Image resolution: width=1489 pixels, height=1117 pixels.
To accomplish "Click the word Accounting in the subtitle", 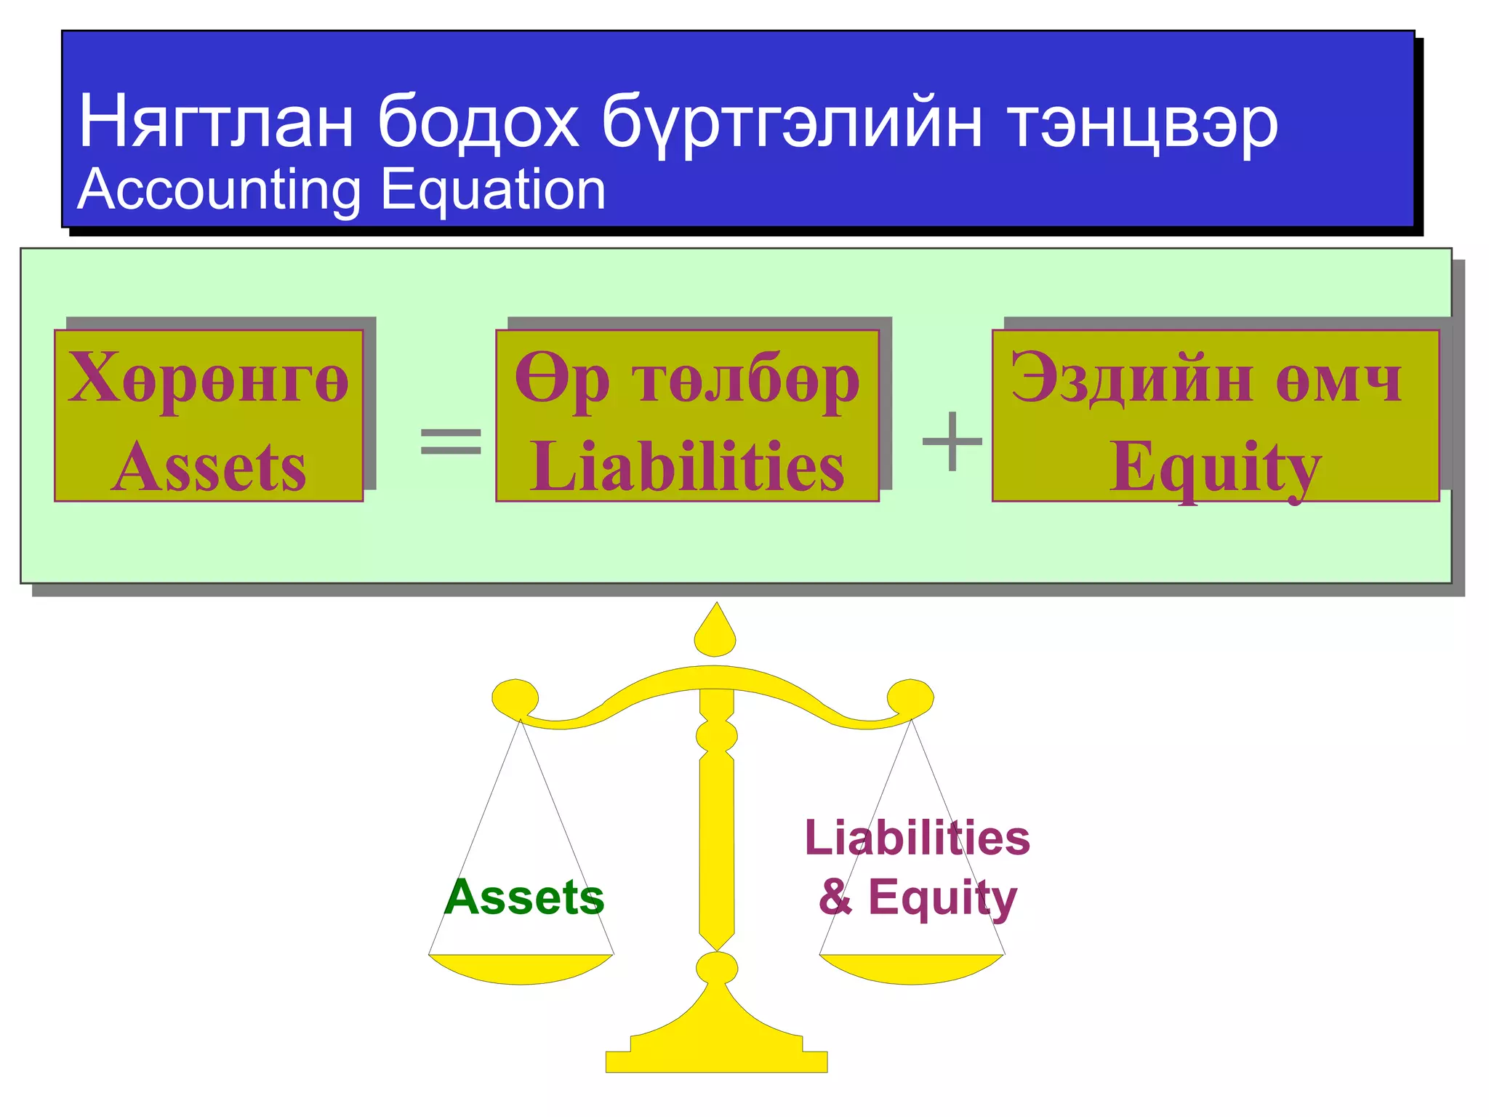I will (x=219, y=191).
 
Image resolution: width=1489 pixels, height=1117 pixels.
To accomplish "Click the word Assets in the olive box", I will (x=209, y=467).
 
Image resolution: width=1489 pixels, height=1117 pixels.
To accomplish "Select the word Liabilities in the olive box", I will (x=687, y=467).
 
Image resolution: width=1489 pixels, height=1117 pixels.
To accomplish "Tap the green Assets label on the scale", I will (x=524, y=897).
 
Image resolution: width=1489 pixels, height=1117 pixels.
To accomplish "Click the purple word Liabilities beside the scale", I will (x=917, y=838).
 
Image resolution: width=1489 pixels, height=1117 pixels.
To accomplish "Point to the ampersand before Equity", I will (x=835, y=897).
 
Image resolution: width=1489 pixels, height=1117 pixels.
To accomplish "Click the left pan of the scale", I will (x=521, y=969).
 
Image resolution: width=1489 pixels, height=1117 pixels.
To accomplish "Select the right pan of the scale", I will (x=912, y=969).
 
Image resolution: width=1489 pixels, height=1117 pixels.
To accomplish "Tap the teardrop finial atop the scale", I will (x=715, y=633).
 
